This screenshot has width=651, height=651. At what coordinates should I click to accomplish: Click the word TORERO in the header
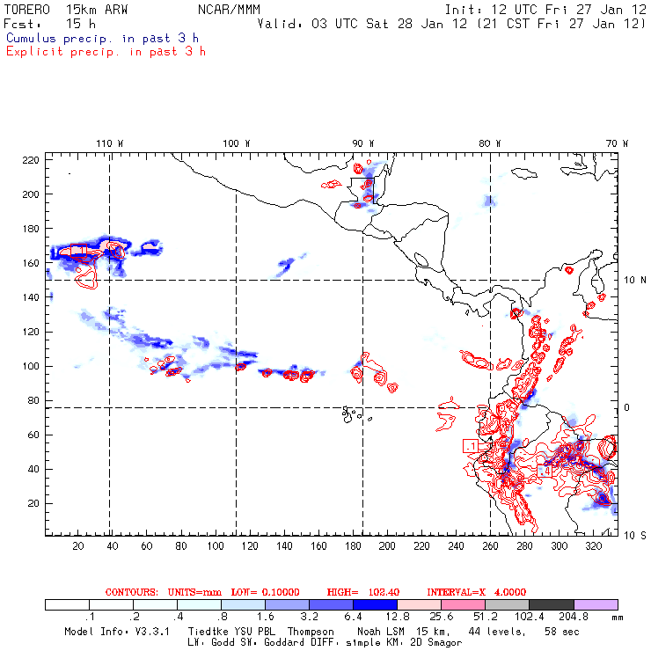point(27,8)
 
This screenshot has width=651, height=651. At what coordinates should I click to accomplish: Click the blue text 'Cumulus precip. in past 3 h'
point(102,38)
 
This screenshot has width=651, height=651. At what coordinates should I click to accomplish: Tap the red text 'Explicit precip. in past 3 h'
point(106,51)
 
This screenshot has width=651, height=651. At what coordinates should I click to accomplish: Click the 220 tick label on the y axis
point(31,159)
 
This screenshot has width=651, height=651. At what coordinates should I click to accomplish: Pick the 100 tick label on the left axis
point(31,366)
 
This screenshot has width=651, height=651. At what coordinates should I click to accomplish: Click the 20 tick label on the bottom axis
point(78,546)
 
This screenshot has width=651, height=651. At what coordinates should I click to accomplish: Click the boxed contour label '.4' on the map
point(544,472)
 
